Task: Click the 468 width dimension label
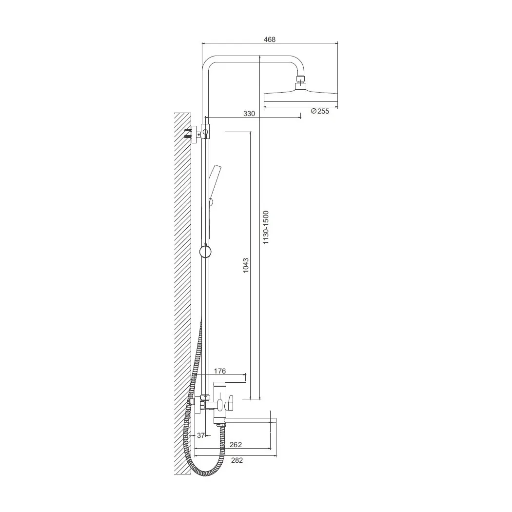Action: [269, 39]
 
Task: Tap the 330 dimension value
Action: [249, 114]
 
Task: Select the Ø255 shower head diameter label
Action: [320, 111]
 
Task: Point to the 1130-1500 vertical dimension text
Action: [266, 227]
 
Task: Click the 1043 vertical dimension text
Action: [246, 265]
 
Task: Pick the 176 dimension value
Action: [220, 371]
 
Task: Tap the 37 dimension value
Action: [201, 435]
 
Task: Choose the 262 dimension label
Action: [236, 445]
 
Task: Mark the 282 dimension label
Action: [237, 460]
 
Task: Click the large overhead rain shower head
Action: [300, 99]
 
